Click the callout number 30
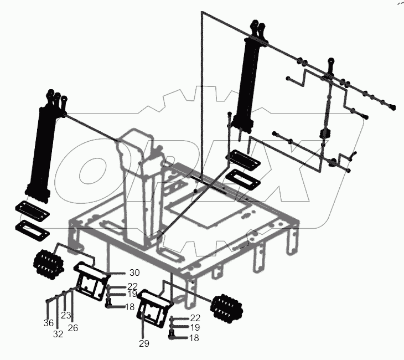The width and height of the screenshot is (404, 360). [135, 272]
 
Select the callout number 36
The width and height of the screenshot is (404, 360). [49, 323]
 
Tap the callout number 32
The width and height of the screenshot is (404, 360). [58, 335]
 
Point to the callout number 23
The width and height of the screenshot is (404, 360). [66, 315]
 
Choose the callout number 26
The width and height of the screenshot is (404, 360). [73, 328]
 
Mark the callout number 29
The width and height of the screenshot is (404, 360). [144, 343]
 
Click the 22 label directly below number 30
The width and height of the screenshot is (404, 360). [132, 286]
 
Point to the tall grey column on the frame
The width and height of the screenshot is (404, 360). [142, 177]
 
